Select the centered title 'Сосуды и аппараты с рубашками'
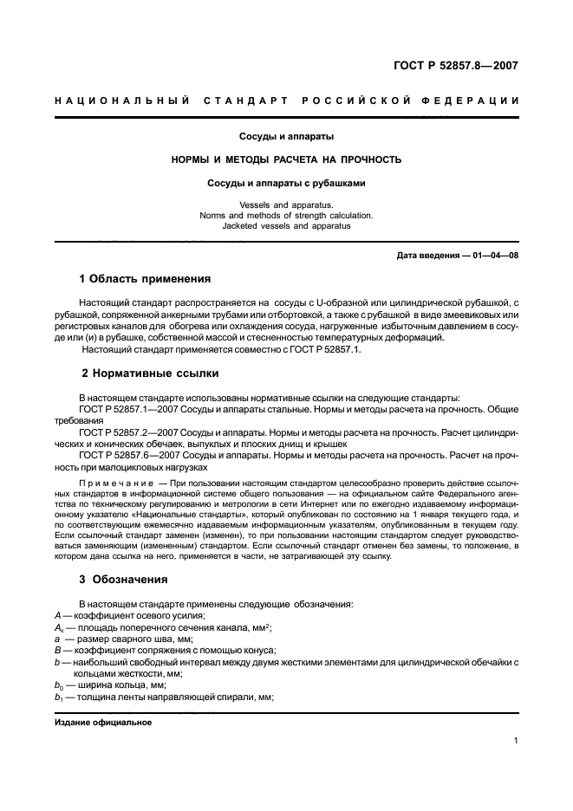tap(286, 183)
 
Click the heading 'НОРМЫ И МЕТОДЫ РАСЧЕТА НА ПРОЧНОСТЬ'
tap(286, 159)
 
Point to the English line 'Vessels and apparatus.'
tap(286, 204)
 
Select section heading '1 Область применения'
tap(146, 279)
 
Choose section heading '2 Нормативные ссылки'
tap(149, 373)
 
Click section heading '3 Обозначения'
tap(124, 579)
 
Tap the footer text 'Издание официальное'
tap(102, 722)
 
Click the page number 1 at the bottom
tap(516, 741)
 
